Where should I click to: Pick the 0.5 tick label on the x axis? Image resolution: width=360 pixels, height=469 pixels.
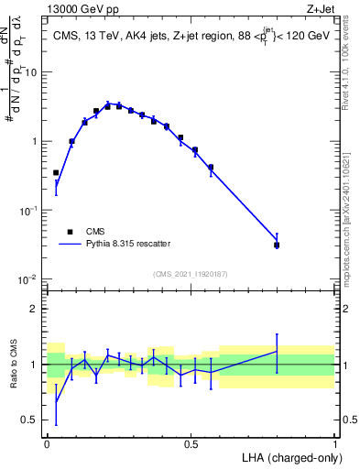191,442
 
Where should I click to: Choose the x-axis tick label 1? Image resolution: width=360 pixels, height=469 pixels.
334,442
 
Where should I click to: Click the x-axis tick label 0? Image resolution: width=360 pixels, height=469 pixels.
47,442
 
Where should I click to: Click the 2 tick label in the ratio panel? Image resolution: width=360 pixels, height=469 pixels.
36,308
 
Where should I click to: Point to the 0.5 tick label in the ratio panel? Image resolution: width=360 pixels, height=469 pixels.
31,420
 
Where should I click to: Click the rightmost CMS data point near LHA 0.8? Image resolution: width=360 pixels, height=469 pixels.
277,245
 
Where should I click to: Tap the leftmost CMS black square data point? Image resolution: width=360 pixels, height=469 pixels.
56,172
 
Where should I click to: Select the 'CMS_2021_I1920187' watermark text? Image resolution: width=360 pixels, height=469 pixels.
191,273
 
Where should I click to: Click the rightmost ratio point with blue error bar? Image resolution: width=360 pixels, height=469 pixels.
277,351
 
